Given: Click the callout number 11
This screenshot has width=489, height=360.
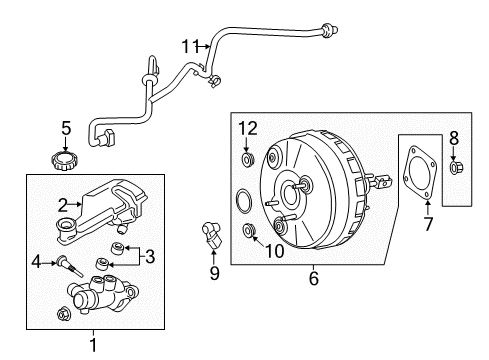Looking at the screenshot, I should pos(190,45).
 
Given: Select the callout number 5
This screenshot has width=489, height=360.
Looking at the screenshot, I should pos(66,128).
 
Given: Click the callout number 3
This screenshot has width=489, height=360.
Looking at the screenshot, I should pos(149,256).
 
